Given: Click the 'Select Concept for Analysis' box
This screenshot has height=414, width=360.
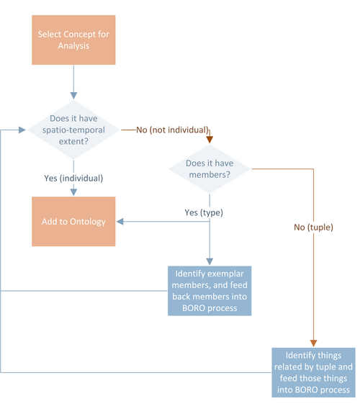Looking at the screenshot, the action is point(73,40).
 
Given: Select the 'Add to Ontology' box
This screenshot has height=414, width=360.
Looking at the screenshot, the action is point(73,221).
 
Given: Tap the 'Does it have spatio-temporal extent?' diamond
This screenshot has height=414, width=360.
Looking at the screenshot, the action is point(73,130).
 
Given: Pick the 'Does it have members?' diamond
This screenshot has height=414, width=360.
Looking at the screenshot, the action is point(210,168).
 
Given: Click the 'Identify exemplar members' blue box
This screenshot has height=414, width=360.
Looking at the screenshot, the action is point(210,291).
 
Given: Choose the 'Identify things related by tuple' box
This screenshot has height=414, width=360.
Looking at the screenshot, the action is point(313,372).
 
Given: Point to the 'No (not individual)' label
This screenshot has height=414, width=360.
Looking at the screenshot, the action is point(172,130).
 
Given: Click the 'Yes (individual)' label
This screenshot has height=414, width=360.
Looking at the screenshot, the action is point(73,179).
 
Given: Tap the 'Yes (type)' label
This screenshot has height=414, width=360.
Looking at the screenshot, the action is point(204,212).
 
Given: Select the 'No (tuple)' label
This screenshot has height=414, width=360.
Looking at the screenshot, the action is point(313,228).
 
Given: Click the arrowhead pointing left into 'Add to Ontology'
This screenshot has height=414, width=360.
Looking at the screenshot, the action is point(120,222).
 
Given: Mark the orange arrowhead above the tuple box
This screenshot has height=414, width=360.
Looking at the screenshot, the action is point(313,343).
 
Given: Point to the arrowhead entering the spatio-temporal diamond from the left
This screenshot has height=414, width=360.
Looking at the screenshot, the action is point(22,130).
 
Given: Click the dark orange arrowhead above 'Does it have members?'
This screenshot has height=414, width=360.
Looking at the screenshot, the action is point(210,140).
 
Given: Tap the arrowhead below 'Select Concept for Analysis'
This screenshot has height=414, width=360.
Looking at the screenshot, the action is point(73,96).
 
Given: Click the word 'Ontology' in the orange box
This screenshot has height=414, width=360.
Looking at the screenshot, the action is point(87,222).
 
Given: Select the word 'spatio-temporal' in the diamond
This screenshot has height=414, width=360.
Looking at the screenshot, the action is point(73,130).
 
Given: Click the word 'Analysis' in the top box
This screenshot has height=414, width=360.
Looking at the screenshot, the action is point(73,45).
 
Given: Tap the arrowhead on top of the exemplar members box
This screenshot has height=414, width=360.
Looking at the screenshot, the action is point(210,261).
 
